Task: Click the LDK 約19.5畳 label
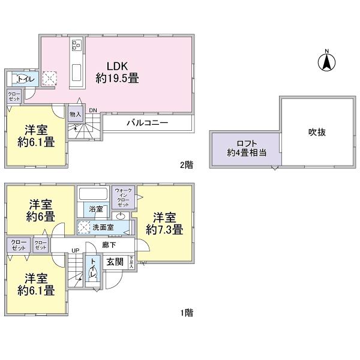coord(115,71)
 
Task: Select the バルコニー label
coord(147,122)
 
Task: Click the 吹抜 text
coord(317,132)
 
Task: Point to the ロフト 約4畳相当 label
coord(240,148)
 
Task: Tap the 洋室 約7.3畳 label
coord(164,223)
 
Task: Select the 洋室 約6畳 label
coord(40,210)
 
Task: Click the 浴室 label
coord(96,209)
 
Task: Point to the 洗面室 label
coord(101,227)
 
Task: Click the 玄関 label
coord(115,262)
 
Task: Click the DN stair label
coord(92,110)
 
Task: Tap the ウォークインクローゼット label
coord(123,197)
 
